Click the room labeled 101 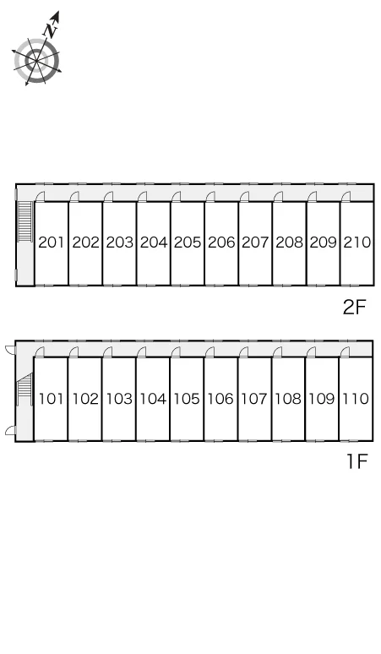pos(51,399)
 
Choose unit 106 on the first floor pos(220,399)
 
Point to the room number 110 pos(356,399)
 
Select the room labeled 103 pos(119,399)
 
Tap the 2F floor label pos(354,308)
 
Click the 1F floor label pos(357,461)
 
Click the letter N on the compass pos(51,30)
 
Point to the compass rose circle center pos(36,61)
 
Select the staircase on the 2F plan pos(25,221)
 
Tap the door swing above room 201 pos(40,196)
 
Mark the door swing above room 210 pos(346,196)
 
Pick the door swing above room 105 pos(176,352)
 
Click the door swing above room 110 pos(345,352)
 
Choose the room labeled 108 pos(288,399)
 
